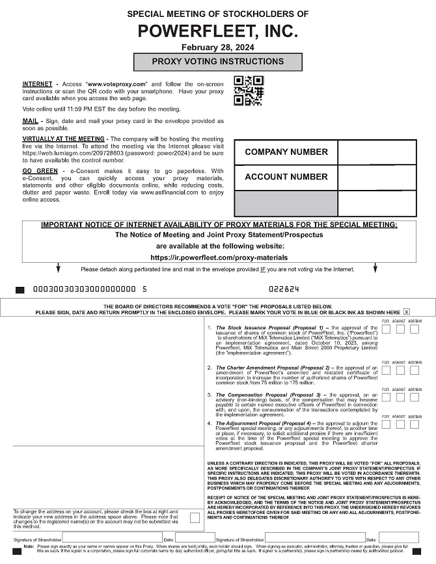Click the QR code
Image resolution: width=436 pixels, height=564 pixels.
tap(249, 90)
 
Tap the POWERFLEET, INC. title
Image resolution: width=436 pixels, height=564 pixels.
tap(218, 31)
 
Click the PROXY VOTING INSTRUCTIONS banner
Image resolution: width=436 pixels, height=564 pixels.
tap(217, 62)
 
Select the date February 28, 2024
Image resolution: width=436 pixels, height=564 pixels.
tap(217, 47)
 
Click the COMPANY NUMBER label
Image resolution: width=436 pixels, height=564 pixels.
tap(286, 152)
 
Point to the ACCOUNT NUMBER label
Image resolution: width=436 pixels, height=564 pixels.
tap(286, 177)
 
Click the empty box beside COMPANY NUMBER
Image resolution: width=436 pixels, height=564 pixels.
tap(377, 152)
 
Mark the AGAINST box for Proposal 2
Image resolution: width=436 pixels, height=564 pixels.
tap(400, 370)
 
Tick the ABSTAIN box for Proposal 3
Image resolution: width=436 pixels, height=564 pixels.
tap(415, 397)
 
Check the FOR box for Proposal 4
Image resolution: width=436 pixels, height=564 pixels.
tap(386, 424)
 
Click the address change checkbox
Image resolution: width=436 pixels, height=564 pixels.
tap(195, 518)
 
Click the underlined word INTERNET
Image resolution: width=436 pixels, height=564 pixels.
tap(37, 85)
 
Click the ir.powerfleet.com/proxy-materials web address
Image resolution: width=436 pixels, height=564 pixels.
tap(219, 258)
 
